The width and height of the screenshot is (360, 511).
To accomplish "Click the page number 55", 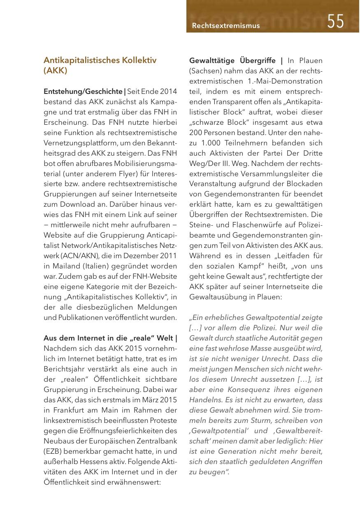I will tap(336, 21).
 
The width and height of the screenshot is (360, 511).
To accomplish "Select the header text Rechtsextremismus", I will tap(226, 26).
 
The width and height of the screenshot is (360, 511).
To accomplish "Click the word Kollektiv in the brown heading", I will tap(139, 60).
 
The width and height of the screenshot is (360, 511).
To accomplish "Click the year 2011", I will tap(169, 255).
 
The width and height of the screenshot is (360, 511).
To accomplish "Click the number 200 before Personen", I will tap(195, 133).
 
